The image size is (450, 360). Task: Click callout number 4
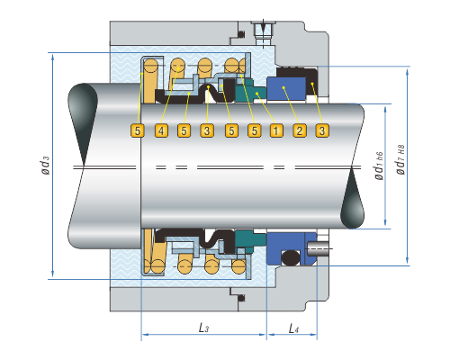[161, 130]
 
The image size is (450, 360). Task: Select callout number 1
[276, 130]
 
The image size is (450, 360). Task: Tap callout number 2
[300, 130]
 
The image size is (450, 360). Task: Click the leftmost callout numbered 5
[138, 130]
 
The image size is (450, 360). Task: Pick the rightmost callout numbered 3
[322, 130]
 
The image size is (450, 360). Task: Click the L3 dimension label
[203, 328]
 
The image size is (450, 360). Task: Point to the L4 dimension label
[293, 328]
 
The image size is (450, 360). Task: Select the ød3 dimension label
[45, 165]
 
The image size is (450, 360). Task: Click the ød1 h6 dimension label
[379, 166]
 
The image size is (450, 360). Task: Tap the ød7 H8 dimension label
[400, 159]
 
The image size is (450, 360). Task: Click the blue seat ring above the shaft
[286, 88]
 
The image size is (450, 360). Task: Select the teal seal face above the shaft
[250, 90]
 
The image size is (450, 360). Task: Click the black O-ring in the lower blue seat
[291, 257]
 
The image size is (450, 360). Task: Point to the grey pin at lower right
[318, 248]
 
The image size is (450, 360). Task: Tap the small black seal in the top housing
[240, 34]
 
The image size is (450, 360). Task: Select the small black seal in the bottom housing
[240, 298]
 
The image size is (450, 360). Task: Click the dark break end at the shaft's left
[82, 123]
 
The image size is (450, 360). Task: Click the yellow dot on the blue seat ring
[283, 87]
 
